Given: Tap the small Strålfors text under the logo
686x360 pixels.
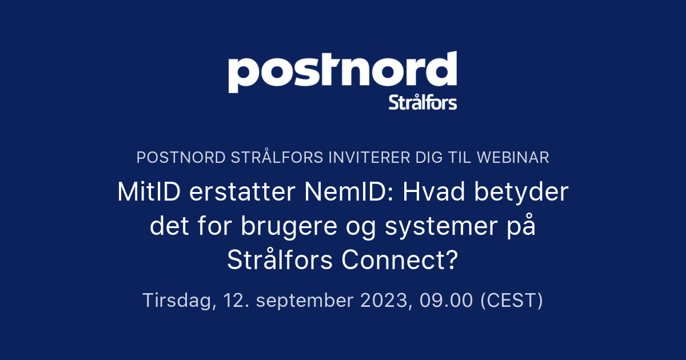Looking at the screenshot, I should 422,103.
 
